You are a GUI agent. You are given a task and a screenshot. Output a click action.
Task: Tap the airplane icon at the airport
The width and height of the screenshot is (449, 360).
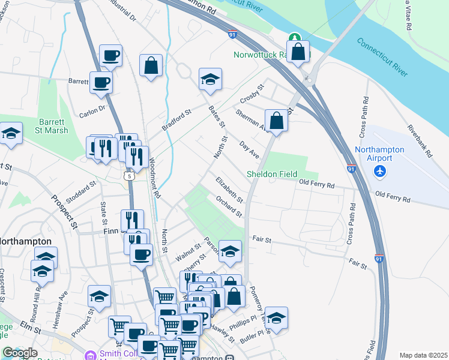coord(379,172)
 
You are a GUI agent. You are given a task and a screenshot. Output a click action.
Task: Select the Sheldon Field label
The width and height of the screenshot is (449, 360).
coord(272,175)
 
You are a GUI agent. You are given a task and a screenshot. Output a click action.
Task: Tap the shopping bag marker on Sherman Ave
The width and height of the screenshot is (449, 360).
coord(276,121)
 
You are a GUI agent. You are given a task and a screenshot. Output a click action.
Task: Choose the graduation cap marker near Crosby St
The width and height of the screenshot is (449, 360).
coord(210,80)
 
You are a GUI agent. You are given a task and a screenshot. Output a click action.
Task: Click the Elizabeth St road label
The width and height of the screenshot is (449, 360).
coord(229,190)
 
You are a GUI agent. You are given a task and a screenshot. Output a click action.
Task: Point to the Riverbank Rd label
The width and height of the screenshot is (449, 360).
coord(420,141)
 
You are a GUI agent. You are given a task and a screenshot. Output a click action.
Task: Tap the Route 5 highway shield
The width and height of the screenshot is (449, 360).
coord(128,176)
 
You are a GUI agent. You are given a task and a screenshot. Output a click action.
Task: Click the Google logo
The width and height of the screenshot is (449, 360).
coord(20,353)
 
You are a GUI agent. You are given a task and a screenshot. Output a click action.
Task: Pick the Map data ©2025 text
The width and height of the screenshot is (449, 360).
coord(423,355)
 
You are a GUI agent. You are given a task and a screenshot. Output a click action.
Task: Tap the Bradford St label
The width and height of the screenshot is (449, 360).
coord(176,120)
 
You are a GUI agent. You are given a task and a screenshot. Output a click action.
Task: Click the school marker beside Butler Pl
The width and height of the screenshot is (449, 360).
coord(276,319)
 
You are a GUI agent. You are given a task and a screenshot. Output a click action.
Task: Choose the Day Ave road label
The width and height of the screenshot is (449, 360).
coord(249,150)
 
